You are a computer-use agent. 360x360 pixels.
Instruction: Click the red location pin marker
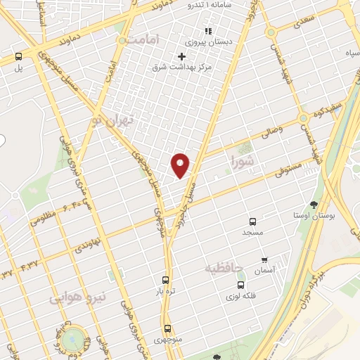pos(181,165)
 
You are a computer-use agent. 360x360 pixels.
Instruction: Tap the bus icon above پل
pos(18,57)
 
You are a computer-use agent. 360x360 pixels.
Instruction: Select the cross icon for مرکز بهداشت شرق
pos(182,56)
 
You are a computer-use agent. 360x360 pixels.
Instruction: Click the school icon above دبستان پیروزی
pos(207,31)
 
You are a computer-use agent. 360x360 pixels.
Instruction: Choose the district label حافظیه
pos(224,268)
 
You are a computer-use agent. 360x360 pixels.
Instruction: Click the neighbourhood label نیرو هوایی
pos(77,298)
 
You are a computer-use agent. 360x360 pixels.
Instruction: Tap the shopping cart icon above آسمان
pos(264,260)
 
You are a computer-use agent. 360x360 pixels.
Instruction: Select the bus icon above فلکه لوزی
pos(241,285)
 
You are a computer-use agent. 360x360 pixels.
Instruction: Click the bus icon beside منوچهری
pos(167,328)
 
